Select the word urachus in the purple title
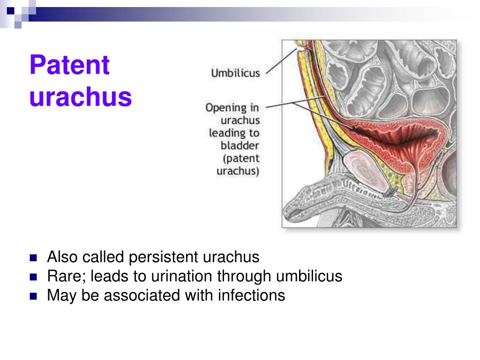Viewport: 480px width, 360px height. click(80, 97)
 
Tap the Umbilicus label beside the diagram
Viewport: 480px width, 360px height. click(236, 73)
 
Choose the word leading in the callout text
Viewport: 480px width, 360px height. click(229, 133)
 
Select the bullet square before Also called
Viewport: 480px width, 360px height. click(33, 258)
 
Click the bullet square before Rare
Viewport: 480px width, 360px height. click(33, 277)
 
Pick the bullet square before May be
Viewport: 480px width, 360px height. click(33, 296)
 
